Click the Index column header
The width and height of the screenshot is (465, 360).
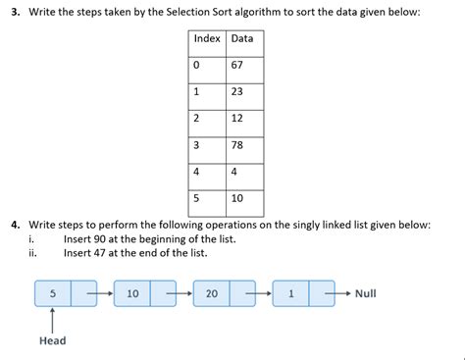click(207, 38)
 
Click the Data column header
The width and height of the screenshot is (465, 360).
click(243, 38)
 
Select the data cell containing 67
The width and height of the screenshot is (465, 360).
click(243, 66)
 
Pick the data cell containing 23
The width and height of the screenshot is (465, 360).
click(243, 92)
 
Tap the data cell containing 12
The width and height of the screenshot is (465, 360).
click(243, 119)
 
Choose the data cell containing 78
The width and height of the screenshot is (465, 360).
click(243, 145)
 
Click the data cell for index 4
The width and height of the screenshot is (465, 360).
click(243, 172)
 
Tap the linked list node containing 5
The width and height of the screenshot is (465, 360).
click(53, 293)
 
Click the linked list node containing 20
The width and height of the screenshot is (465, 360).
click(212, 293)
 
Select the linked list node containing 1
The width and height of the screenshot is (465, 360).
click(290, 293)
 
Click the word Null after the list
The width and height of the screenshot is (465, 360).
click(365, 293)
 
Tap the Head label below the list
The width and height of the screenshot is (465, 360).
click(53, 340)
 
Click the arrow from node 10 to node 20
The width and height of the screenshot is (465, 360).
click(179, 293)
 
